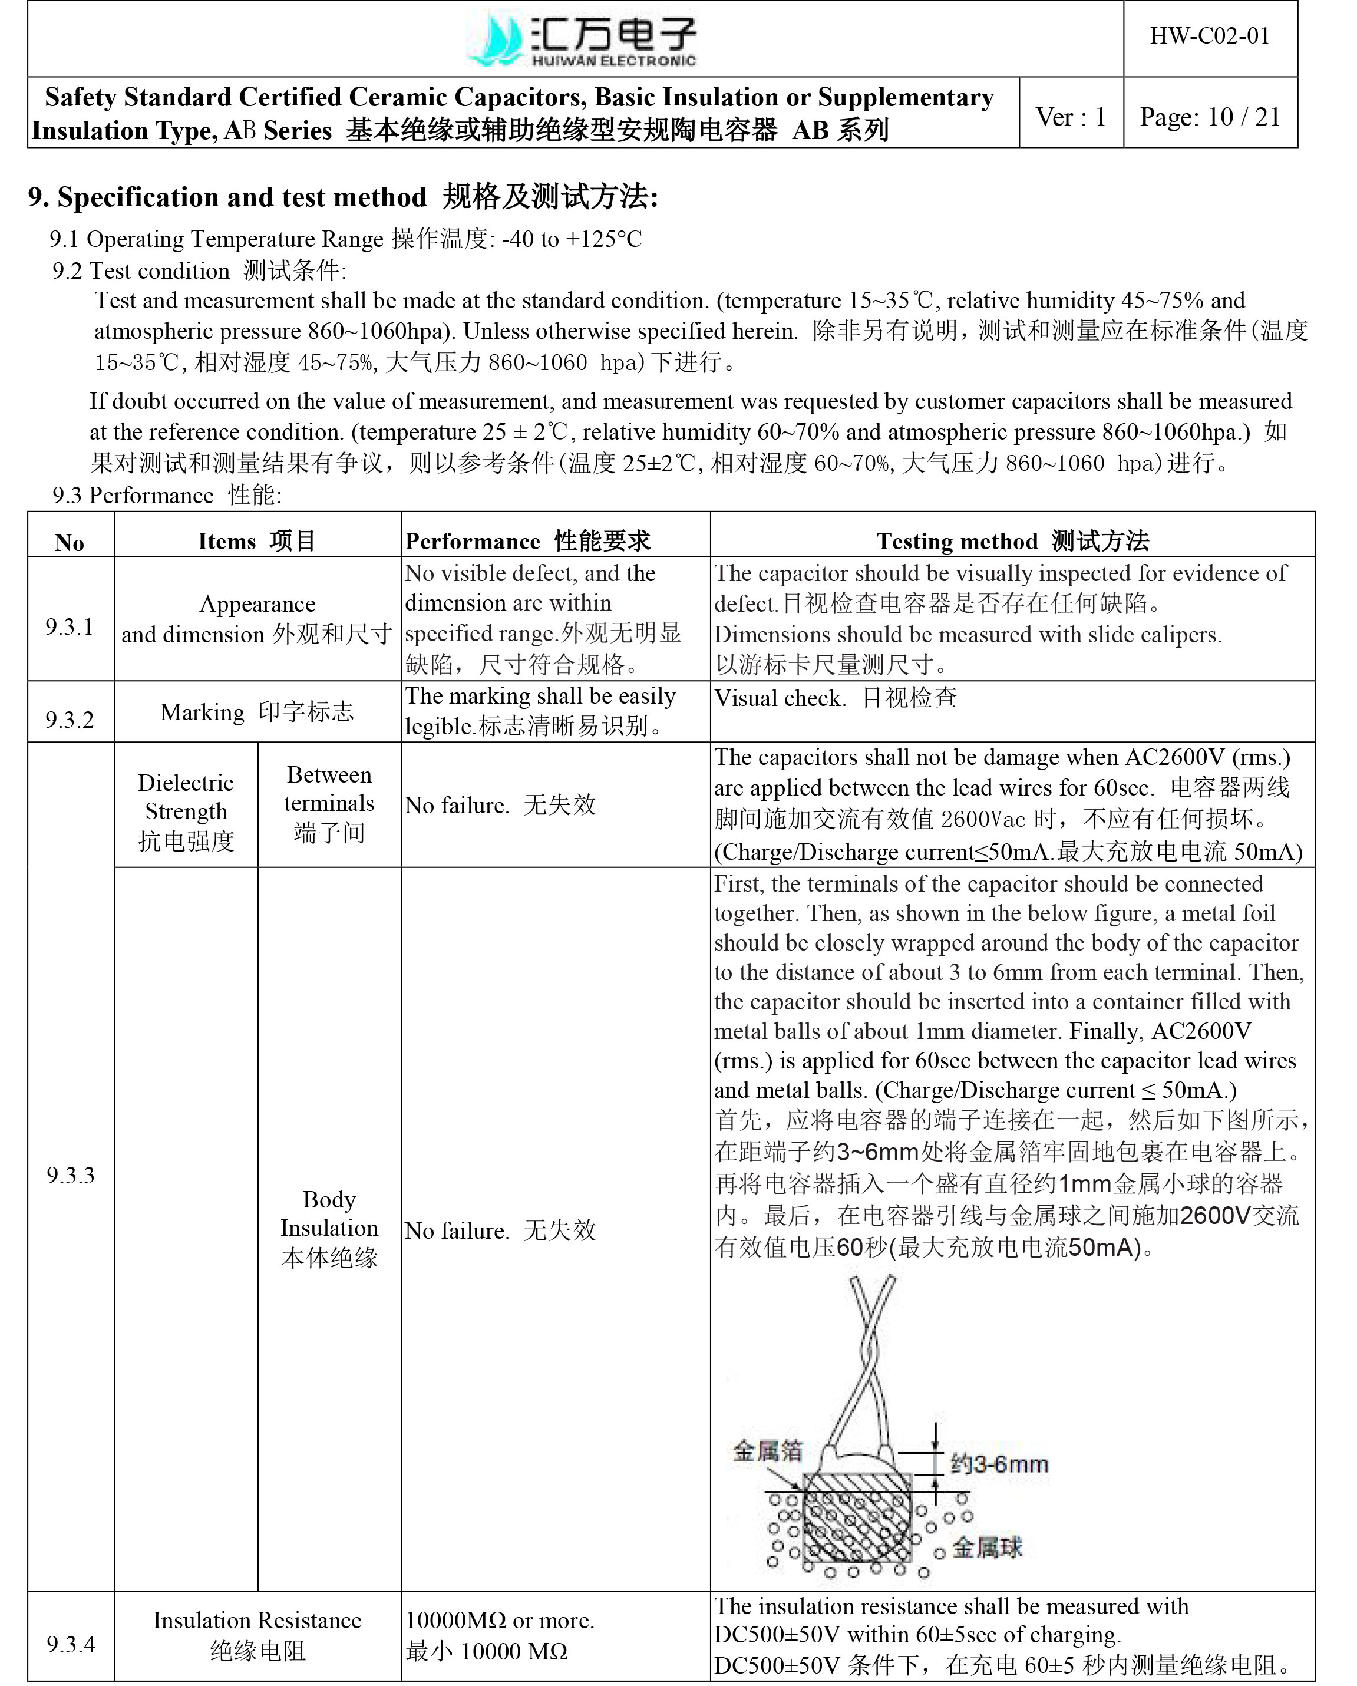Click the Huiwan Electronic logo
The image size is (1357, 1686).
click(x=581, y=39)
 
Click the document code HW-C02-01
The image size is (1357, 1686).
click(x=1209, y=36)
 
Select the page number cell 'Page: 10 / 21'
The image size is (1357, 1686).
click(x=1209, y=117)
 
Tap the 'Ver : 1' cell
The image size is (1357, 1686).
click(x=1070, y=117)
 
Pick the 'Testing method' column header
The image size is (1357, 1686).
click(x=1012, y=540)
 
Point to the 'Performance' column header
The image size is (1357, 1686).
click(x=527, y=540)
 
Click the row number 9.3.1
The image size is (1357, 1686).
click(x=70, y=626)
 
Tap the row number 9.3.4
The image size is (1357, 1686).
click(x=70, y=1643)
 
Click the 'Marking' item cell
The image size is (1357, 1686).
click(x=256, y=712)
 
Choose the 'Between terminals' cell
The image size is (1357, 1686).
click(x=329, y=803)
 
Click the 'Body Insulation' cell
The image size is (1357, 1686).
click(x=329, y=1228)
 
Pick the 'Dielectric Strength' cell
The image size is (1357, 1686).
click(x=186, y=811)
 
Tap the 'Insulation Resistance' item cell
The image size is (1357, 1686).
click(x=256, y=1635)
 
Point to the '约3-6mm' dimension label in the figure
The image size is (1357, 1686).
click(x=998, y=1464)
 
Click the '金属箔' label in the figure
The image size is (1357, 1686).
click(x=767, y=1451)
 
